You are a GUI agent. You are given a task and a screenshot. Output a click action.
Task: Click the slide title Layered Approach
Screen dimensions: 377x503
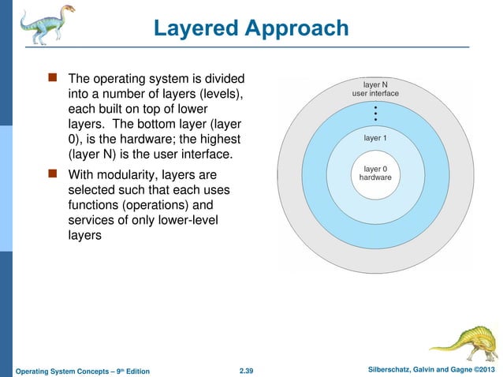[251, 28]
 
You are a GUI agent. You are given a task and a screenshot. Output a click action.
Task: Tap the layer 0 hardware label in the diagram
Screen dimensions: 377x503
[375, 173]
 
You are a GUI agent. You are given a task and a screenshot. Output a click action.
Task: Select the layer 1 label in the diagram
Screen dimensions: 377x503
[375, 137]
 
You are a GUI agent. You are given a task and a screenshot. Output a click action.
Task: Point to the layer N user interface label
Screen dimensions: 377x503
[375, 88]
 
